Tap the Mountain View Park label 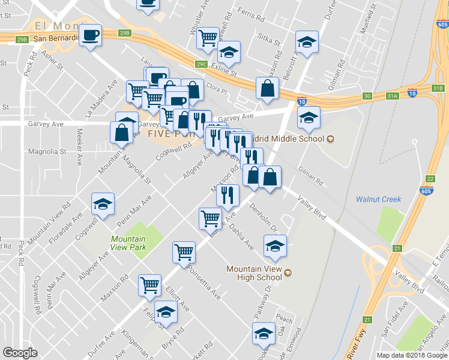[x=128, y=242]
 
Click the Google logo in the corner [x=20, y=353]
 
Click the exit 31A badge [x=393, y=95]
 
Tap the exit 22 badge [x=430, y=178]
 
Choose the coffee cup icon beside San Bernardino [x=90, y=35]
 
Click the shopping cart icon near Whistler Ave [x=208, y=37]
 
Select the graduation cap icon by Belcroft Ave [x=306, y=44]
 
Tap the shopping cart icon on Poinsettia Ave [x=184, y=251]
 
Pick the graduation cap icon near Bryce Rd [x=166, y=312]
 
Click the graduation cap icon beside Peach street [x=264, y=334]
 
